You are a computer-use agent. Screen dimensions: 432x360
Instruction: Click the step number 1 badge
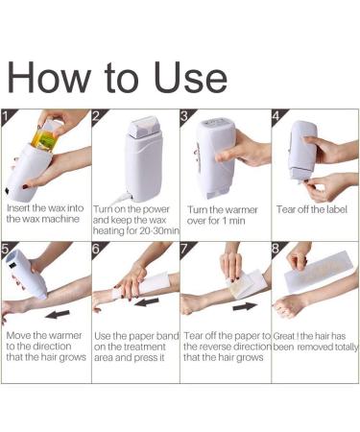click(x=9, y=117)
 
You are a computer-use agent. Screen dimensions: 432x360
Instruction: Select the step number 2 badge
click(x=97, y=117)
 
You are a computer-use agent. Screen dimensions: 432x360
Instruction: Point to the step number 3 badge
click(x=186, y=117)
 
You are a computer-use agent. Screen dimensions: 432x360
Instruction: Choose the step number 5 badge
click(x=9, y=250)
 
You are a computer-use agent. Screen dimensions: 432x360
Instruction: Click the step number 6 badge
click(x=97, y=250)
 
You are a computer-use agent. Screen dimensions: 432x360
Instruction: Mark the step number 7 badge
click(x=186, y=250)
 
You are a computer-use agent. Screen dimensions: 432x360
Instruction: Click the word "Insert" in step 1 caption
click(x=20, y=207)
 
